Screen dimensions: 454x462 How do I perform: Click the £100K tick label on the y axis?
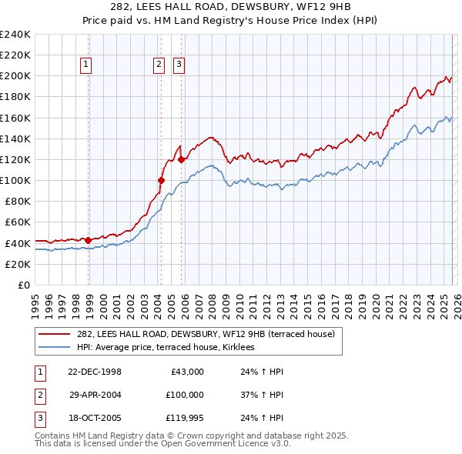15,180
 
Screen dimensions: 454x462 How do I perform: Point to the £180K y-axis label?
15,97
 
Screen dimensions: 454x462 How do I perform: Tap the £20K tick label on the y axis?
18,264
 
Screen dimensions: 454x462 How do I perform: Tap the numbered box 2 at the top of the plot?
159,65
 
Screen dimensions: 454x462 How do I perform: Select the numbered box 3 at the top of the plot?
179,65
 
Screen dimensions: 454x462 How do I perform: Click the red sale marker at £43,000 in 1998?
89,240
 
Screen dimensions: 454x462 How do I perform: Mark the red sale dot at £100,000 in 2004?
161,180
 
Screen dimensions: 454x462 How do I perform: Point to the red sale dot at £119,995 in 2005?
182,160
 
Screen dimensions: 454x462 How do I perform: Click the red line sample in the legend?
55,335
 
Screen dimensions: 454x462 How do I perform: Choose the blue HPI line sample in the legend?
55,348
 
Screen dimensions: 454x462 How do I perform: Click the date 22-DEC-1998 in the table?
95,372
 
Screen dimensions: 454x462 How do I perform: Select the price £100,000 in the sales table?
184,394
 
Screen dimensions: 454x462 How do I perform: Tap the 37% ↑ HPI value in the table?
257,394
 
